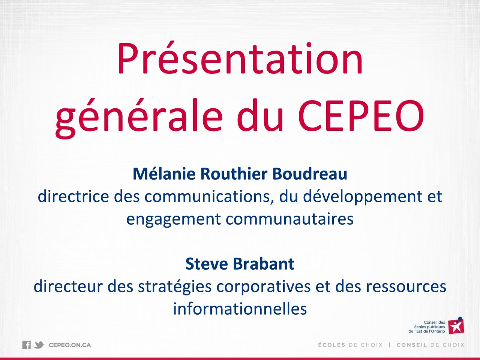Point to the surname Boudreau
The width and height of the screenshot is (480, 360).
point(310,174)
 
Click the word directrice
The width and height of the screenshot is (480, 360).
point(73,196)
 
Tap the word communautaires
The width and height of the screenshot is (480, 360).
point(289,219)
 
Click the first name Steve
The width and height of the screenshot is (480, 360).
point(206,264)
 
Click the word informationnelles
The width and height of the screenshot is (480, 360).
point(240,309)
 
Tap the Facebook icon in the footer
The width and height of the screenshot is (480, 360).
point(27,345)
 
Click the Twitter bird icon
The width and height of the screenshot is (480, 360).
point(39,345)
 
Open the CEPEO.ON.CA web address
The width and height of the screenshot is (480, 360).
point(70,345)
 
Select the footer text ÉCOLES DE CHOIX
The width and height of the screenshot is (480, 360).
point(351,345)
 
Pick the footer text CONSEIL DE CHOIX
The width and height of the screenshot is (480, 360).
point(430,345)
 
